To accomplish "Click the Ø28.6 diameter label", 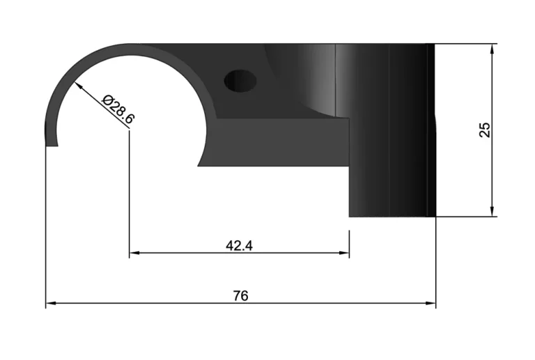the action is point(118,109).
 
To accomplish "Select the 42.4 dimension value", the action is point(239,245).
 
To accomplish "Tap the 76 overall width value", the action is point(241,295).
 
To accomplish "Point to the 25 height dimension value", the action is point(485,130).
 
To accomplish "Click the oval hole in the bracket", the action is point(240,81).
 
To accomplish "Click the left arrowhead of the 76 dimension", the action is point(50,303).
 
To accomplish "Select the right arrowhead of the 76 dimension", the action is point(431,303).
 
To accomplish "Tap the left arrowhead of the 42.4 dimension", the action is point(134,253).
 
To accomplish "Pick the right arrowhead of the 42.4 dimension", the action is point(344,253).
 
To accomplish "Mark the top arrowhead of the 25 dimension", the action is point(492,49).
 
